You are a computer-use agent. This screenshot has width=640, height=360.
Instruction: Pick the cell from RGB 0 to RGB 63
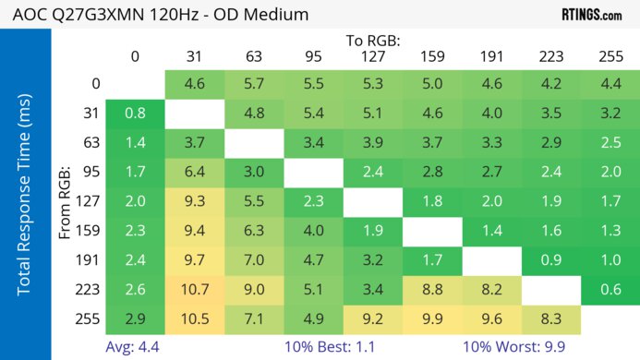pos(254,84)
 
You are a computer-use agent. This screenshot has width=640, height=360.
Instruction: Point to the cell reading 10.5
pos(194,319)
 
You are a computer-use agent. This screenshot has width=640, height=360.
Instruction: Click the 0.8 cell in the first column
pos(135,114)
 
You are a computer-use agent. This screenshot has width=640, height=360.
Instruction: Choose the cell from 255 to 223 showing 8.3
pos(550,319)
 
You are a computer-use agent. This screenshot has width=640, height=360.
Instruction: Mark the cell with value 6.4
pos(194,172)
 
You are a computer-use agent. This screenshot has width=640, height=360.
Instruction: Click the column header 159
pos(431,56)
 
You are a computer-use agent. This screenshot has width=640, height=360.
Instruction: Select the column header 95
pos(313,56)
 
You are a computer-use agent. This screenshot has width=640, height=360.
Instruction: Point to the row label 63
pos(90,143)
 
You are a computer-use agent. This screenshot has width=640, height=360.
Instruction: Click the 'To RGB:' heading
pos(372,41)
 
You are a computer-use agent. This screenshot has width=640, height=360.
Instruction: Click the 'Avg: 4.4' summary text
pos(135,347)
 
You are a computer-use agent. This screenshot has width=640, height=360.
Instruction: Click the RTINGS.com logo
pos(591,16)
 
